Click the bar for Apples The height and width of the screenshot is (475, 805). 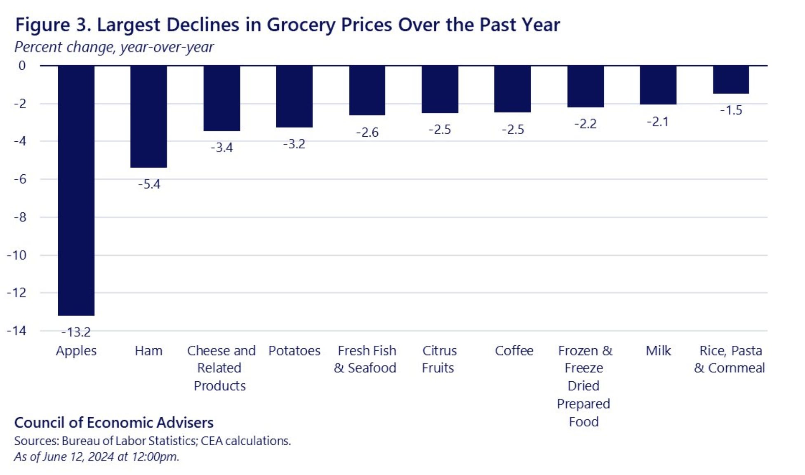76,190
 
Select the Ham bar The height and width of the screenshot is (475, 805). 149,116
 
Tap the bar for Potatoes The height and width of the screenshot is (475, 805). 294,96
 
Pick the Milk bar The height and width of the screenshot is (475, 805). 658,85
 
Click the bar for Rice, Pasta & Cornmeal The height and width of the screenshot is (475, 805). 731,80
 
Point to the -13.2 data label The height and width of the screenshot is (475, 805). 76,332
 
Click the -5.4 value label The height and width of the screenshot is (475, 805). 149,184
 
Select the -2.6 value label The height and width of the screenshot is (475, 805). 367,132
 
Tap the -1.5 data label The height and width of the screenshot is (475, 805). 731,110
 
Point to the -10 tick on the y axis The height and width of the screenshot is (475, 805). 16,255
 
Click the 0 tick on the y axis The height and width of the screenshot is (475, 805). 22,65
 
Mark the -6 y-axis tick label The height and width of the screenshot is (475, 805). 20,179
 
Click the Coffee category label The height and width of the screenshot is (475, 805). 514,351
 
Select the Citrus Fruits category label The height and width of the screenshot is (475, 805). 439,359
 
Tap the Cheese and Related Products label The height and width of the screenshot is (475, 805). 221,368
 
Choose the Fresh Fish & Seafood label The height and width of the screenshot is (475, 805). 365,359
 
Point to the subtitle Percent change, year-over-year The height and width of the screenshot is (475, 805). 114,47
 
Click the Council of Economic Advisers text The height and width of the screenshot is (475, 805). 114,423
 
